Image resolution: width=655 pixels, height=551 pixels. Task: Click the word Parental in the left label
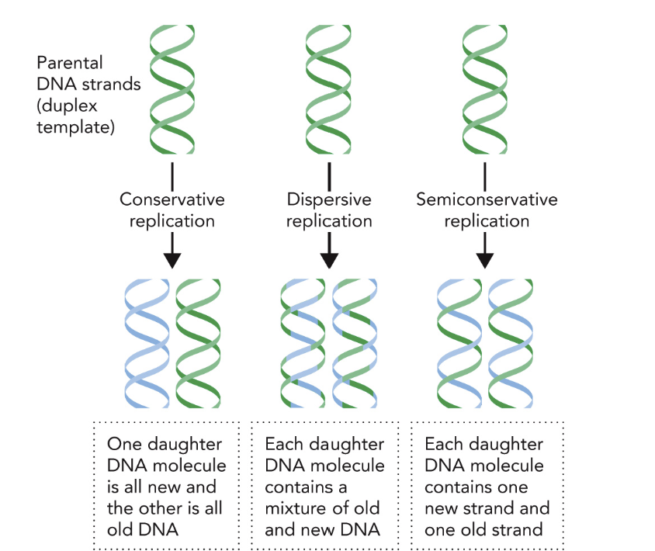tap(69, 63)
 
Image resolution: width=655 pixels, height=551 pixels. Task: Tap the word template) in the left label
tap(75, 127)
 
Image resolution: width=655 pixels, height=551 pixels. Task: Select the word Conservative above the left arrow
tap(172, 199)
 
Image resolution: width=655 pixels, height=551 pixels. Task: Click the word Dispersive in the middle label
tap(329, 199)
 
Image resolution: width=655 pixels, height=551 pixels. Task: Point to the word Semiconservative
tap(487, 199)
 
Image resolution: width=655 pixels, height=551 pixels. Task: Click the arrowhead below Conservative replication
tap(172, 261)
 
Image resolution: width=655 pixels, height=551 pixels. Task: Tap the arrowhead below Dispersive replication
tap(329, 261)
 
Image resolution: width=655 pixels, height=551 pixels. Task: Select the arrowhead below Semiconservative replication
tap(485, 261)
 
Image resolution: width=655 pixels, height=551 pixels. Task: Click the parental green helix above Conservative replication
tap(172, 89)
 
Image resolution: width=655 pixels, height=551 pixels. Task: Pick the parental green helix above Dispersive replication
tap(328, 89)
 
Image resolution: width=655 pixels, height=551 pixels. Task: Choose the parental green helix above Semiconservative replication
tap(485, 89)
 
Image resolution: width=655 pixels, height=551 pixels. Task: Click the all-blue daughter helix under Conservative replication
tap(147, 343)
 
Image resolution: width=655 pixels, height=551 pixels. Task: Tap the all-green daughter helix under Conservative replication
tap(198, 343)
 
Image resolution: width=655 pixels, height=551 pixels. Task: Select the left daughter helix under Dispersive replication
tap(303, 343)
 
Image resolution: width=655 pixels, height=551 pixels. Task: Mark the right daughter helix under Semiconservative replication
tap(511, 343)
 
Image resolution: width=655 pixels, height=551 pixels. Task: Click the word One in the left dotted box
tap(124, 444)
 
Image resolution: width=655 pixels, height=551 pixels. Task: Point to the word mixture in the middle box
tap(296, 508)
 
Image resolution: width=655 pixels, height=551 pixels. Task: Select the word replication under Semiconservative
tap(487, 221)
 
